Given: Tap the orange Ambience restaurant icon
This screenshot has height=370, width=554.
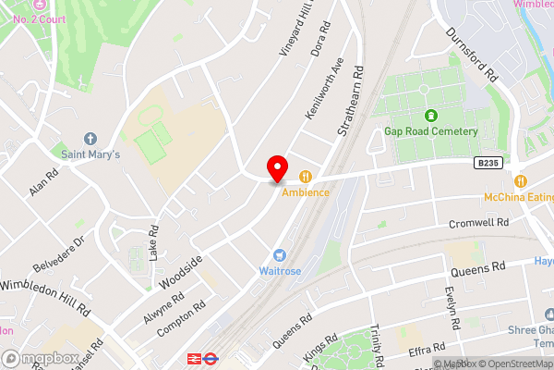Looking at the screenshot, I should coord(306,177).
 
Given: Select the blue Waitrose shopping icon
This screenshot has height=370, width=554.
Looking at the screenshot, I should coord(277,254).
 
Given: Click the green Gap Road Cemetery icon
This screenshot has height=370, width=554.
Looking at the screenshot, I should coord(430,116).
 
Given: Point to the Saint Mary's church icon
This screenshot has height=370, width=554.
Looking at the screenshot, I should coord(90,139).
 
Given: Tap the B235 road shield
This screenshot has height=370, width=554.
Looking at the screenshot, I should coord(490,164).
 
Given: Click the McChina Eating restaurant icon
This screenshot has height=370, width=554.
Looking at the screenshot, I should coord(521,181).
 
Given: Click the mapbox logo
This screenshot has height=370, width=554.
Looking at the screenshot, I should coord(40,357).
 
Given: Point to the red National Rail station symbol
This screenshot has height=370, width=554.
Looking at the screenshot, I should coord(195,358).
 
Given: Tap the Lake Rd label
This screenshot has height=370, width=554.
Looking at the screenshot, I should coord(154,242).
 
